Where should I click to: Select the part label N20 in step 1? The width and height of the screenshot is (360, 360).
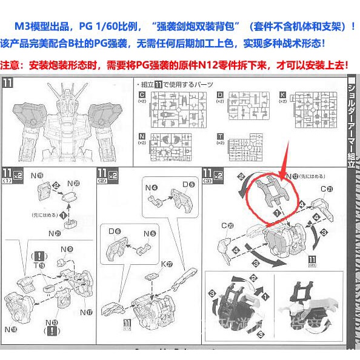click(x=74, y=183)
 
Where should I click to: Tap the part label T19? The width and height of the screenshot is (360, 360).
click(x=40, y=265)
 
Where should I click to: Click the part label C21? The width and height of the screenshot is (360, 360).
click(x=327, y=188)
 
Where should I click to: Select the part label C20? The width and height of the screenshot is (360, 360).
click(x=227, y=226)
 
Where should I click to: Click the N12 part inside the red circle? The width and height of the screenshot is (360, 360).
click(x=272, y=194)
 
